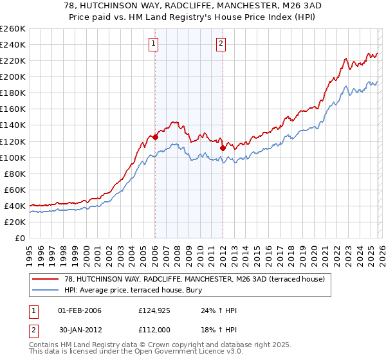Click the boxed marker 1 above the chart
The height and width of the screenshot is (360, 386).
click(x=154, y=44)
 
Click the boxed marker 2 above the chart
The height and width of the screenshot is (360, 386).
click(x=221, y=44)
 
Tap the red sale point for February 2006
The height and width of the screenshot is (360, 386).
click(x=155, y=137)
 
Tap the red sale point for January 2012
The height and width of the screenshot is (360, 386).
click(x=223, y=147)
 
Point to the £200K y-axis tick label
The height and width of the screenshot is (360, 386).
click(x=12, y=77)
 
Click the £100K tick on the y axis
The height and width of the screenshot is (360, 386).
click(x=12, y=157)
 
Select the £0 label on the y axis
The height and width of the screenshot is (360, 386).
click(x=19, y=238)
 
